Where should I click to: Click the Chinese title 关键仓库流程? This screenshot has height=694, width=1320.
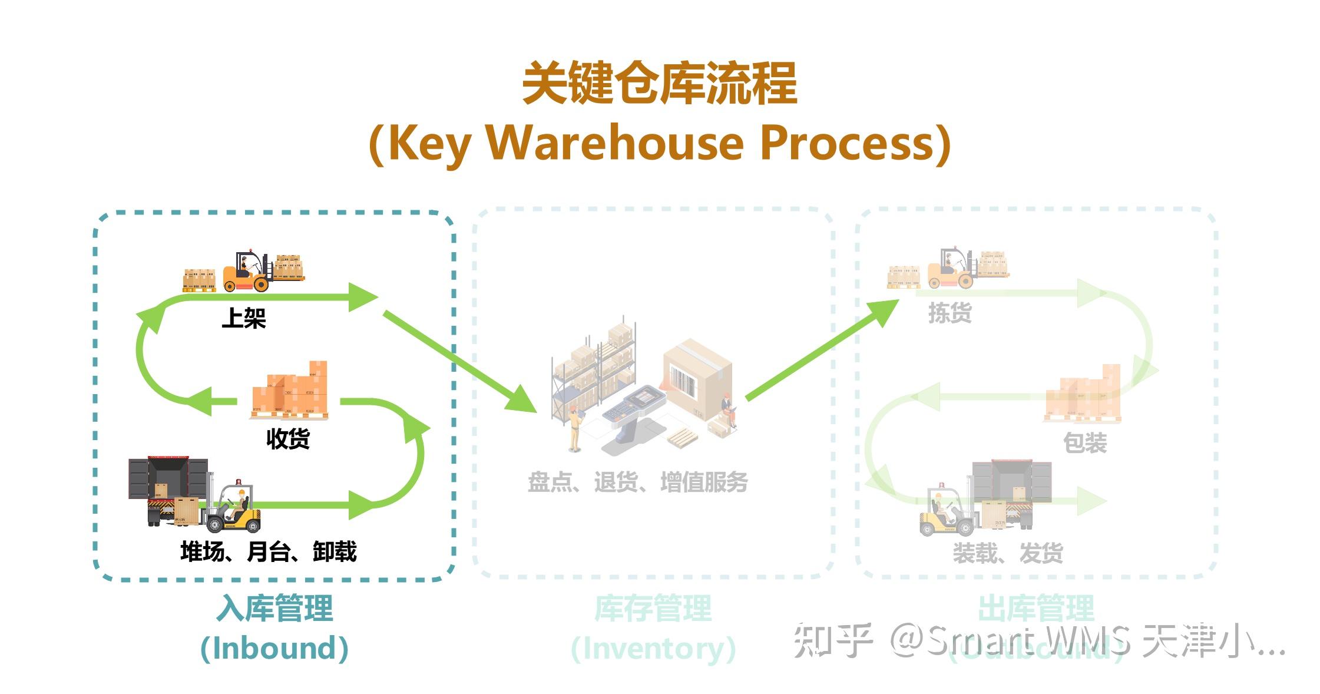[x=659, y=84]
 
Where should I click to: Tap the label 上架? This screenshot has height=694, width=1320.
[x=243, y=318]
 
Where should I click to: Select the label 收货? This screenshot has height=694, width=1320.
[x=287, y=439]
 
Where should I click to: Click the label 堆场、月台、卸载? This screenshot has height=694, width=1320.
[x=268, y=552]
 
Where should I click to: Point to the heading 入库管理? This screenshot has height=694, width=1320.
[x=274, y=608]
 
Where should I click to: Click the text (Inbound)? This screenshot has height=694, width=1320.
[x=274, y=648]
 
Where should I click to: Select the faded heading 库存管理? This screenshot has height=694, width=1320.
[x=653, y=608]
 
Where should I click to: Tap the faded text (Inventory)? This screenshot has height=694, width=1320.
[x=653, y=648]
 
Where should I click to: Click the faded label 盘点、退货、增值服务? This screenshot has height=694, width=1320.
[x=637, y=483]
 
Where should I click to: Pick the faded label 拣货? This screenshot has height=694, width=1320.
[x=950, y=313]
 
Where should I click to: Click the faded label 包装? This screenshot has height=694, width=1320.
[x=1084, y=443]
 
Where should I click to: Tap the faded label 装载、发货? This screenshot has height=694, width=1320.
[x=1007, y=553]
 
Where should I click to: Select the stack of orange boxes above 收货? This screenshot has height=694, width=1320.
[x=290, y=390]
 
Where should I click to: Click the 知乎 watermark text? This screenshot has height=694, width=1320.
[x=832, y=640]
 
